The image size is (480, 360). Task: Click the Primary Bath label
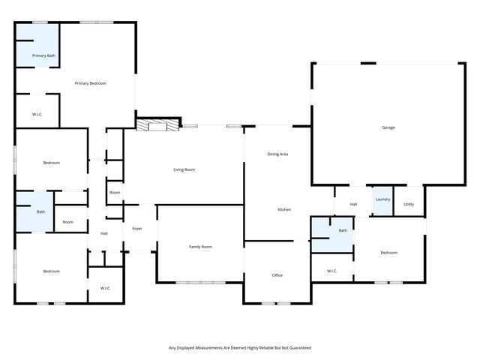[x=43, y=55]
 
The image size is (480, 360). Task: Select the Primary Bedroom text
[x=90, y=83]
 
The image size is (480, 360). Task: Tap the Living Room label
[x=184, y=170]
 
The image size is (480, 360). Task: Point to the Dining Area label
[x=277, y=154]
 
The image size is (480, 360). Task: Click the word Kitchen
[x=284, y=209]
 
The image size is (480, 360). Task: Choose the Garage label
[x=388, y=127]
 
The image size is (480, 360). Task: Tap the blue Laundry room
[x=382, y=200]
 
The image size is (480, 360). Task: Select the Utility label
[x=409, y=204]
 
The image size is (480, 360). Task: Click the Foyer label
[x=137, y=228]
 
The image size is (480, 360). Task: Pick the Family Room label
[x=200, y=247]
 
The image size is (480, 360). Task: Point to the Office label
[x=277, y=275]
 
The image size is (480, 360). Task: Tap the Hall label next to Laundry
[x=352, y=204]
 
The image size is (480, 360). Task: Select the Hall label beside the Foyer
[x=104, y=233]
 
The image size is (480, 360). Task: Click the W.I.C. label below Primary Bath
[x=37, y=115]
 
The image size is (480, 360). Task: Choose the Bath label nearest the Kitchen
[x=343, y=230]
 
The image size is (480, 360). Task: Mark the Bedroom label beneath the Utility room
[x=388, y=253]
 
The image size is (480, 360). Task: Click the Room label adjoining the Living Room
[x=115, y=193]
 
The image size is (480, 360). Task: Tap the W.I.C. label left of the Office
[x=332, y=271]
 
